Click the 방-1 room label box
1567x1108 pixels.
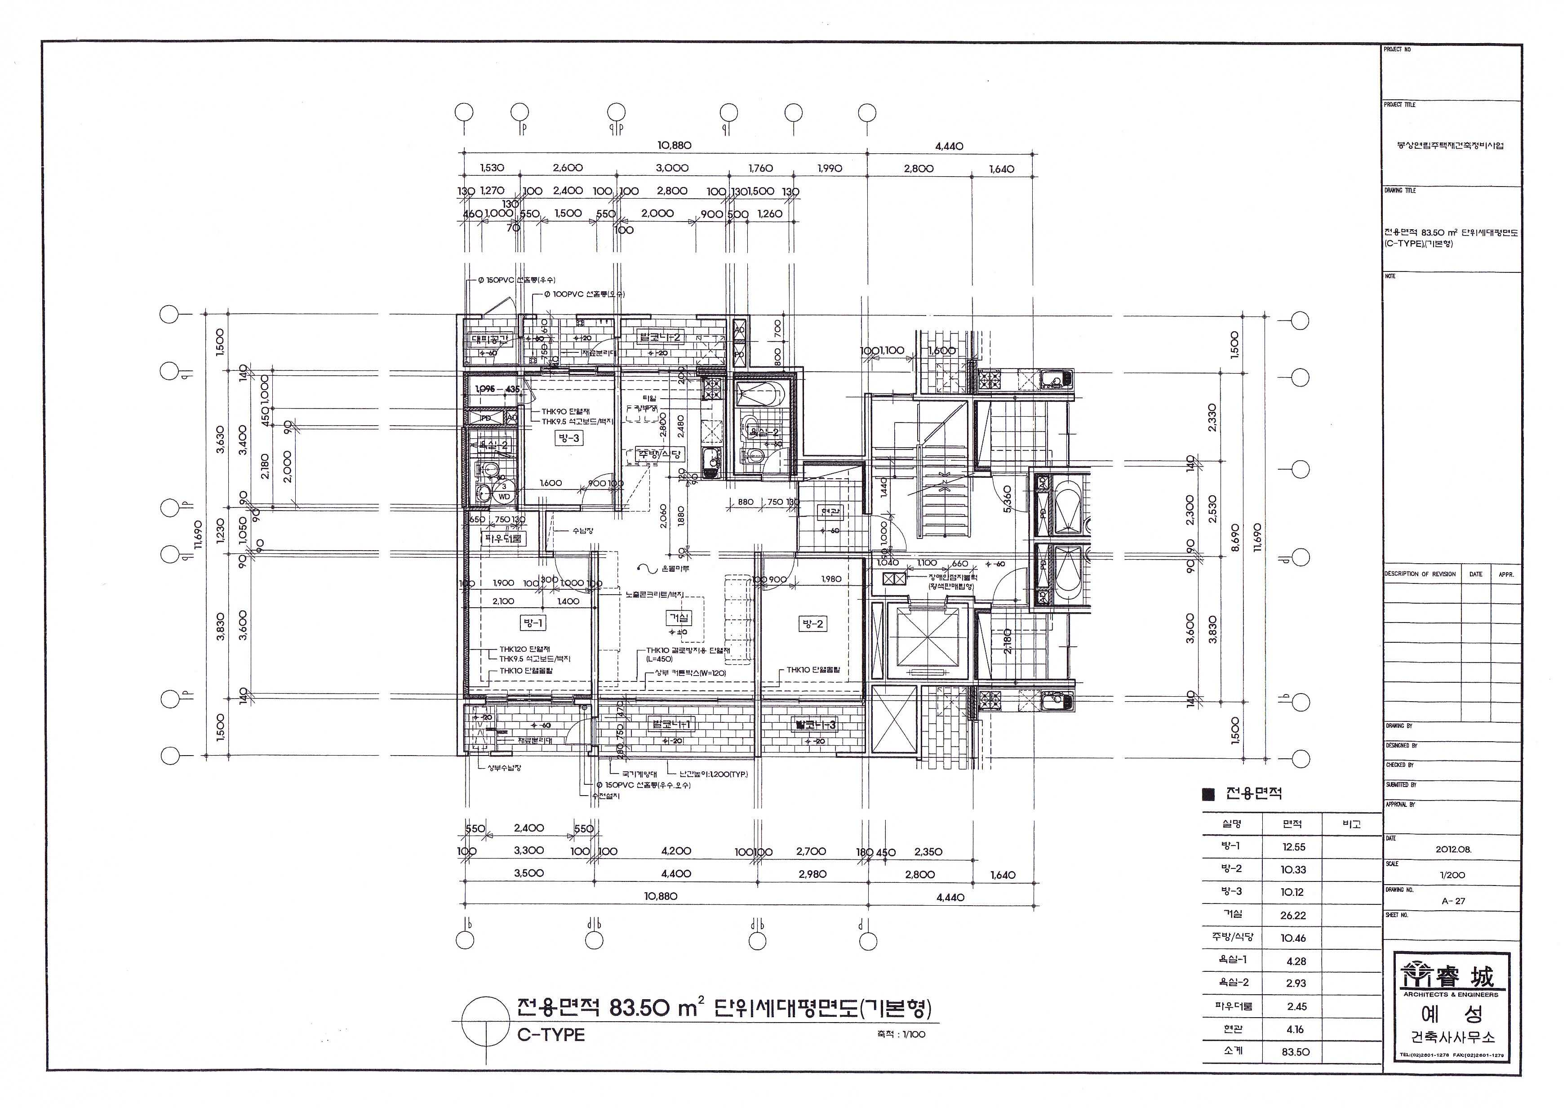point(533,623)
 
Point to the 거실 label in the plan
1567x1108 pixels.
point(679,618)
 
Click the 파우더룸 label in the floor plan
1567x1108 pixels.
point(503,538)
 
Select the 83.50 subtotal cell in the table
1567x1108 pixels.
point(1295,1052)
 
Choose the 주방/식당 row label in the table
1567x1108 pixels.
point(1233,937)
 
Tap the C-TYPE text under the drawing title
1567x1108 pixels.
point(551,1035)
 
